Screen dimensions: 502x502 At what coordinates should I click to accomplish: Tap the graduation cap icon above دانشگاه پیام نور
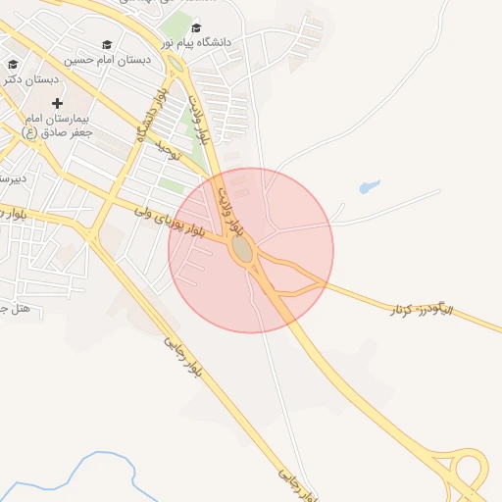point(196,28)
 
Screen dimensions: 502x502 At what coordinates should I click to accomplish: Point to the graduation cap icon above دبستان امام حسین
point(107,45)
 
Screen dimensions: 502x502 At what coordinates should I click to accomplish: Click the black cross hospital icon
point(57,103)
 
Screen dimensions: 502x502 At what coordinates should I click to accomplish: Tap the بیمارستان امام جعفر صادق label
point(56,125)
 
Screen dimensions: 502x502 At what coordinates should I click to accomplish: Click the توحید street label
point(169,148)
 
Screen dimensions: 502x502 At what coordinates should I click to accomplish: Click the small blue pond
point(370,185)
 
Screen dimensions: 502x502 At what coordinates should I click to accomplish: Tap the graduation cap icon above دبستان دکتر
point(13,65)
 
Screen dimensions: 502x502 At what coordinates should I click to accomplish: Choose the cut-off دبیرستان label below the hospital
point(11,178)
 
